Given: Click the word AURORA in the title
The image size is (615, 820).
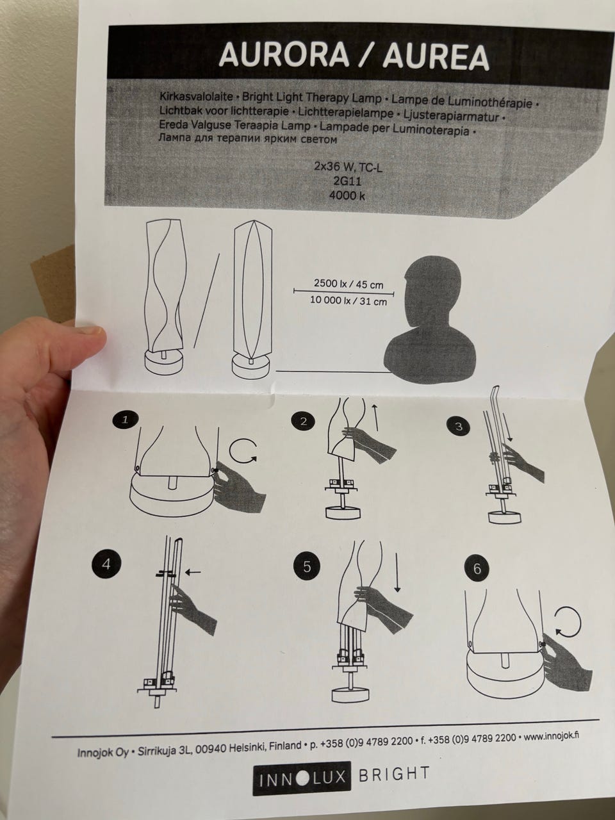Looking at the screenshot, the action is pyautogui.click(x=284, y=55).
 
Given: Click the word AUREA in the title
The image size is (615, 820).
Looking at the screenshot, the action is pyautogui.click(x=436, y=57).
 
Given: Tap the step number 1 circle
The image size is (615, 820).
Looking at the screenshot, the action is pyautogui.click(x=126, y=420).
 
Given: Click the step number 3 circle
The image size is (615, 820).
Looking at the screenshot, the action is pyautogui.click(x=459, y=427).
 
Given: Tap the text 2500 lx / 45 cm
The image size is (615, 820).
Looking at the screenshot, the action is pyautogui.click(x=348, y=284).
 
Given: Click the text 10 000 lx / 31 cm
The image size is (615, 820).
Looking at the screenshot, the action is pyautogui.click(x=348, y=300).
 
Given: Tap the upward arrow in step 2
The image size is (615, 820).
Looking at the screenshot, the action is pyautogui.click(x=375, y=416).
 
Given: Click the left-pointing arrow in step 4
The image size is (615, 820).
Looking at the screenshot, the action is pyautogui.click(x=193, y=572).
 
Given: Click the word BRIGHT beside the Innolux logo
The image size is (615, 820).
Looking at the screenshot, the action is pyautogui.click(x=394, y=773).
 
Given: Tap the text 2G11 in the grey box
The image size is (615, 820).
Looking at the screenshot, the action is pyautogui.click(x=347, y=182).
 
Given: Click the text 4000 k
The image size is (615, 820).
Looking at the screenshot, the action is pyautogui.click(x=347, y=195).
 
